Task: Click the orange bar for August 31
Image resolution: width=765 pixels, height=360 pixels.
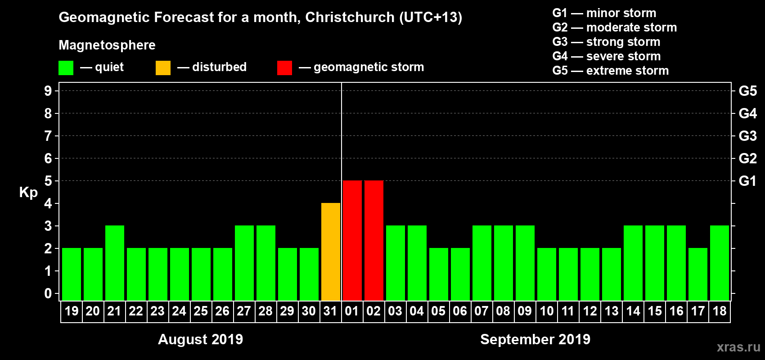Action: coord(331,252)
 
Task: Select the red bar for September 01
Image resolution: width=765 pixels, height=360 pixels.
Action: coord(352,240)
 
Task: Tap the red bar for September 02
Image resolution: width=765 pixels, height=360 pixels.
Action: coord(374,240)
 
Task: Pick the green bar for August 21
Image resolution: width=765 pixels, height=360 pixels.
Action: coord(115,263)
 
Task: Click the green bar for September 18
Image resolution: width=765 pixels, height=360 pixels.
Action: coord(720,263)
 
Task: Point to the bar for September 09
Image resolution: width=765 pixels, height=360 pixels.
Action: coord(525,263)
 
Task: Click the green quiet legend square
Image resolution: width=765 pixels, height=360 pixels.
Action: coord(66,68)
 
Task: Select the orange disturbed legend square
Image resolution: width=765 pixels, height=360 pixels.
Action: coord(163,68)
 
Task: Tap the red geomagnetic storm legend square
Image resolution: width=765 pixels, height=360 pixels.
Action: coord(284,68)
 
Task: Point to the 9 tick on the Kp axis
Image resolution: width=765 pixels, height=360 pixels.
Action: coord(48,91)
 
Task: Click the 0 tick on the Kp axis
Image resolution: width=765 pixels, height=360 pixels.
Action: coord(48,293)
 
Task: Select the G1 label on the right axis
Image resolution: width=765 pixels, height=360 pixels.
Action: coord(747,181)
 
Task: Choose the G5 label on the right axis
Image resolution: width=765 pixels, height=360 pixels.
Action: coord(747,91)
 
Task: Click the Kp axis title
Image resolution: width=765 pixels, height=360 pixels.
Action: coord(28,192)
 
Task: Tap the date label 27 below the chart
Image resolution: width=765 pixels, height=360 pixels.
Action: coord(244,311)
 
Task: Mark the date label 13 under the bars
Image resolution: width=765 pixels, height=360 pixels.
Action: coord(612,311)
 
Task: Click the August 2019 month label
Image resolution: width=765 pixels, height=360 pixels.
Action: coord(200,339)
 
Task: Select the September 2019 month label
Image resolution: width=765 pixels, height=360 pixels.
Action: coord(535,339)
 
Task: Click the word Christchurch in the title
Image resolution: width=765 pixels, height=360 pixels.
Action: coord(350,17)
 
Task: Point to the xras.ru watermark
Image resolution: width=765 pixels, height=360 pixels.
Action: coord(738,347)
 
